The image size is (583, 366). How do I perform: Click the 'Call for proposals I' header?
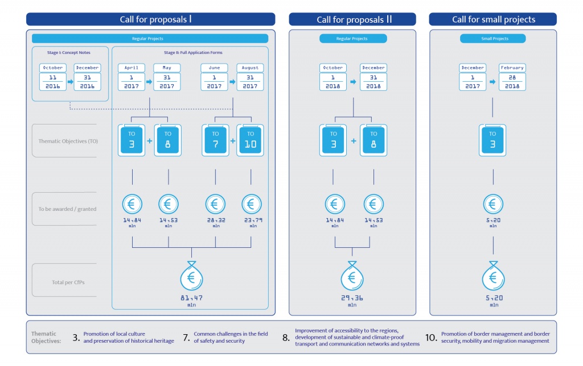150,19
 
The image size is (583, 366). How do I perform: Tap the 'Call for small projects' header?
493,19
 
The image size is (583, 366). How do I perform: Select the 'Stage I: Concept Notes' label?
69,52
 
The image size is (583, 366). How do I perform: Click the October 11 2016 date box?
52,77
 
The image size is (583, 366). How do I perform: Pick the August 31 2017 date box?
250,77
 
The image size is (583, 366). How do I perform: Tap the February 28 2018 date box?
512,77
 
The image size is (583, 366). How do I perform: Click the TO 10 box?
251,140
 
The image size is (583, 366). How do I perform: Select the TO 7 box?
215,140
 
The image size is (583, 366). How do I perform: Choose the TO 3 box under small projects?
492,140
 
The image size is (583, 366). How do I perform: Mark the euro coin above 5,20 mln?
492,204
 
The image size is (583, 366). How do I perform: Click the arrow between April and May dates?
149,82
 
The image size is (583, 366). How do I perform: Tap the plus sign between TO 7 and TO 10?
233,140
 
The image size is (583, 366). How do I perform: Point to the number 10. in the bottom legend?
431,338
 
